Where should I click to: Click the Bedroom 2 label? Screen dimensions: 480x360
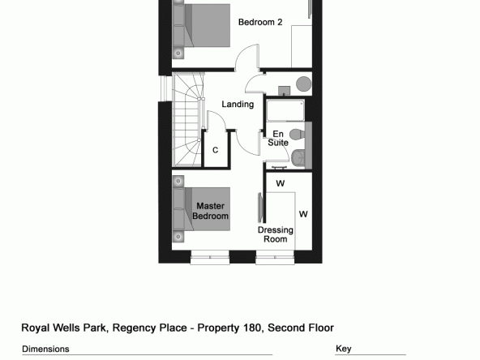pos(260,22)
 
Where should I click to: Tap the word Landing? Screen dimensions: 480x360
pos(238,105)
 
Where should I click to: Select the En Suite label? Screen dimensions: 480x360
pos(278,138)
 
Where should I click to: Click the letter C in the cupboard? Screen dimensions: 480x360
pos(215,150)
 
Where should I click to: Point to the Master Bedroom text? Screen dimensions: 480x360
pos(210,211)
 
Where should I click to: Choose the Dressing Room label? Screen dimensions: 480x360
pos(275,234)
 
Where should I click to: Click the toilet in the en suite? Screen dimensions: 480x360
pos(298,134)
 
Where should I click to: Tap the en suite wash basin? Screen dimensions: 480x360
pos(298,158)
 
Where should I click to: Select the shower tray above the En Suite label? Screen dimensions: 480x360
pos(285,110)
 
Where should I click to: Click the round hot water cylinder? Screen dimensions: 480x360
pos(304,84)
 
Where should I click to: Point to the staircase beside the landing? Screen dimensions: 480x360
pos(187,120)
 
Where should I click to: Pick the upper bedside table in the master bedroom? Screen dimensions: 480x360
pos(178,182)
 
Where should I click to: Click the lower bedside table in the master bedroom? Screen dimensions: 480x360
pos(178,236)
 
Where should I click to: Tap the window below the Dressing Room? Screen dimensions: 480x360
pos(275,257)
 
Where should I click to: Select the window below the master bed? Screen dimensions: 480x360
pos(210,257)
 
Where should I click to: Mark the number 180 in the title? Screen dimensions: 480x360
pos(252,328)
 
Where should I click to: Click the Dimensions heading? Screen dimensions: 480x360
pos(45,349)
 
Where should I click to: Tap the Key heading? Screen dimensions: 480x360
pos(344,349)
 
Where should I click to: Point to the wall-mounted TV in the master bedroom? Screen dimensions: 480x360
pos(260,208)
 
